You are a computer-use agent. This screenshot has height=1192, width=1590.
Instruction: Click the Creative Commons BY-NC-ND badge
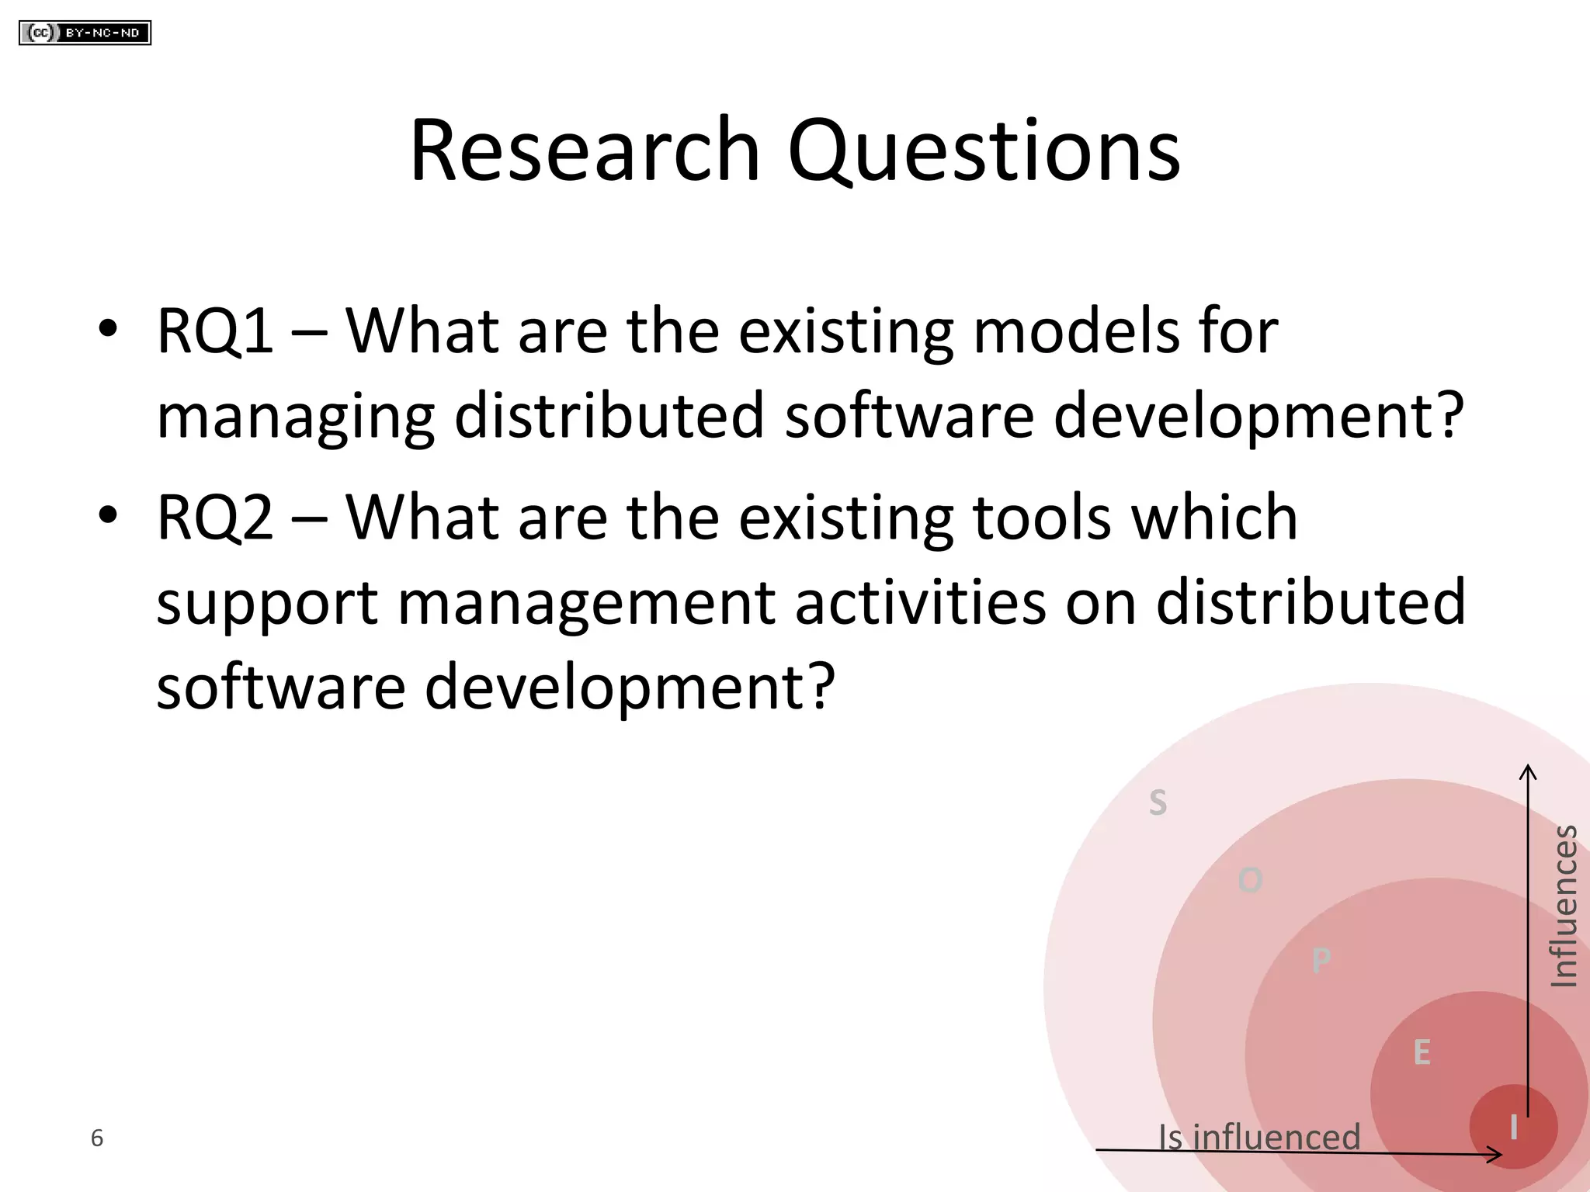85,33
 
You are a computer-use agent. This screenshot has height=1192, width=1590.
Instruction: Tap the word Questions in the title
984,152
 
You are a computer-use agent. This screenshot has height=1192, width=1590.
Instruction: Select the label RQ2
215,518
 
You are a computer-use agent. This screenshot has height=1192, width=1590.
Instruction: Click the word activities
920,603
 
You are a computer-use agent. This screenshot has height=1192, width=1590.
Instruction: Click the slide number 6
97,1138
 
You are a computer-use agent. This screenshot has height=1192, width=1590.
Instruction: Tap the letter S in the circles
1158,802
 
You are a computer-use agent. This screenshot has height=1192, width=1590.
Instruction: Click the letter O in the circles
1250,881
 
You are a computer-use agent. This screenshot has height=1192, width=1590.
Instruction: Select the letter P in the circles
1321,962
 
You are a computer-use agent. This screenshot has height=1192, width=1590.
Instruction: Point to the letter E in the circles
1422,1053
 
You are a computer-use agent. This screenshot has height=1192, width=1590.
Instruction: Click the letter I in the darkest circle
1513,1128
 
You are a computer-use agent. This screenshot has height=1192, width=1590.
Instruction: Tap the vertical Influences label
1564,906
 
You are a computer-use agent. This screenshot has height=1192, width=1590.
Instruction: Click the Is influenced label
1259,1137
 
